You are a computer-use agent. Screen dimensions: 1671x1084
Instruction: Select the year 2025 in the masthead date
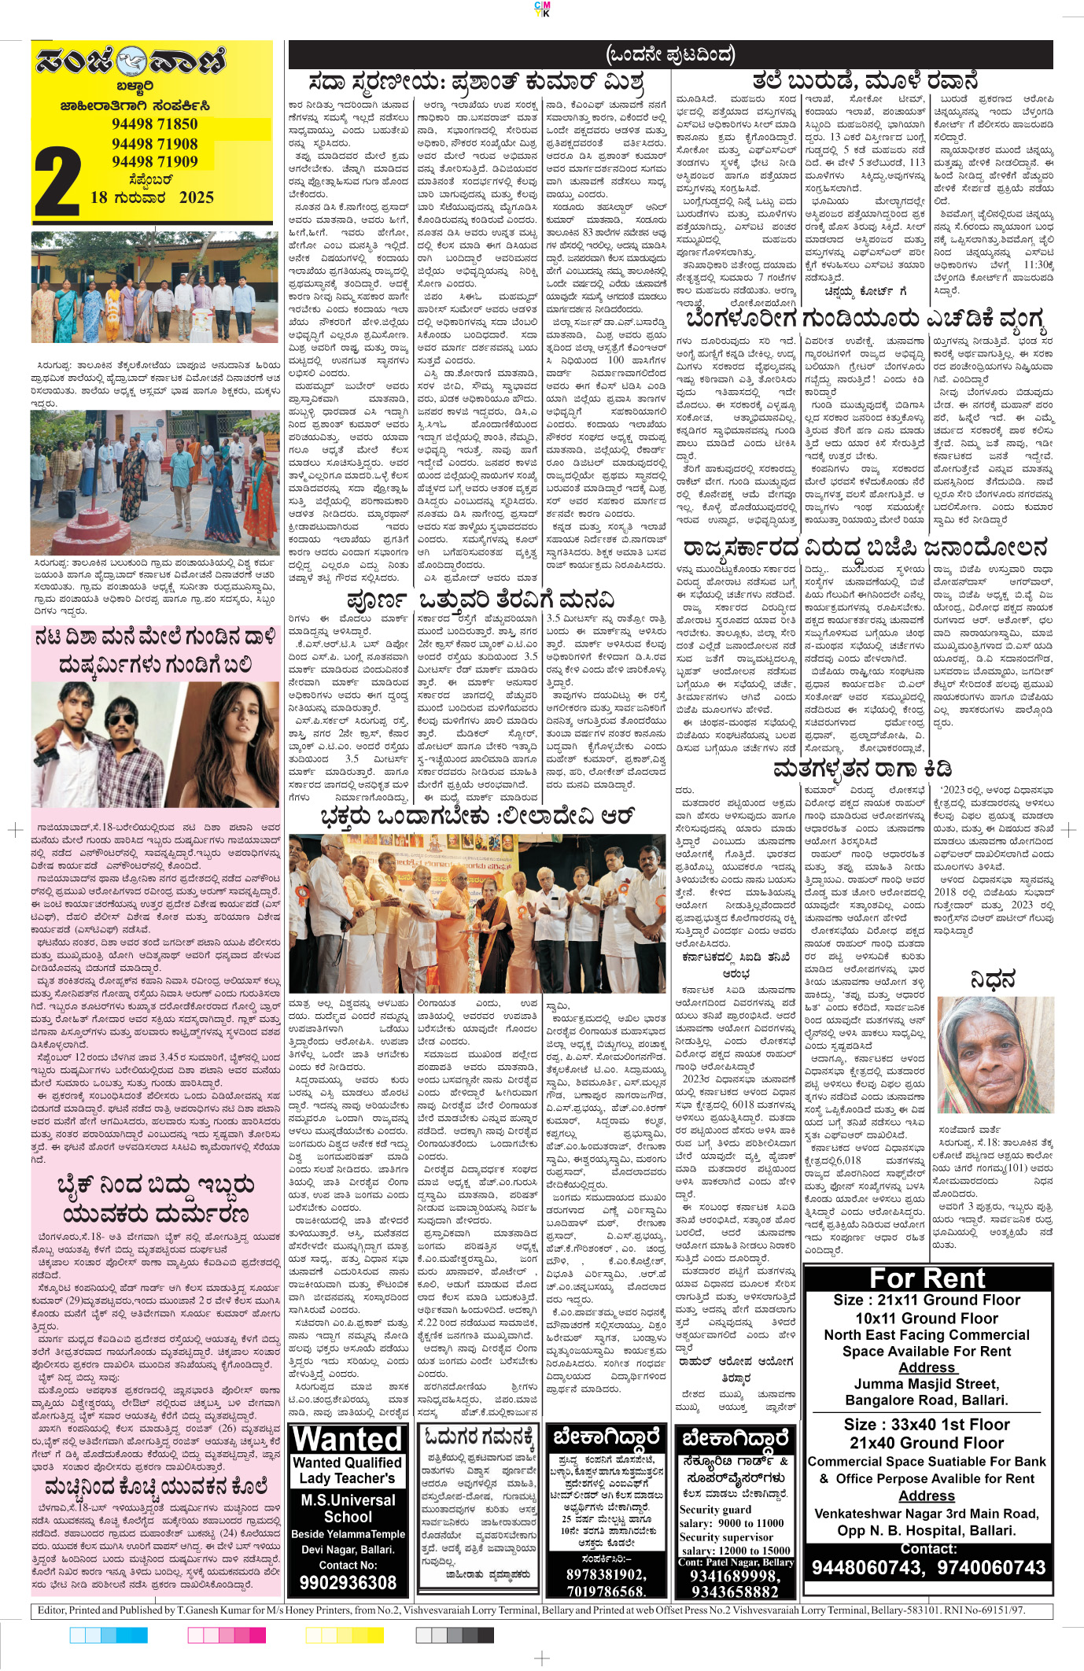pos(196,197)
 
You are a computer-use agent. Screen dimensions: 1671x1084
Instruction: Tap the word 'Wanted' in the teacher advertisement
pos(348,1440)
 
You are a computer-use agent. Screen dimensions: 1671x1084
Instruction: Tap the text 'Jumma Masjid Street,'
pos(926,1384)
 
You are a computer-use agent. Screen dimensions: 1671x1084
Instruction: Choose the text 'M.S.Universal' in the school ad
pos(348,1499)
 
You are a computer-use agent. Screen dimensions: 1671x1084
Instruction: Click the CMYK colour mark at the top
pos(541,9)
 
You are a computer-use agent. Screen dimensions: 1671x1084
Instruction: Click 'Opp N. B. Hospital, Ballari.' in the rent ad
pos(926,1530)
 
